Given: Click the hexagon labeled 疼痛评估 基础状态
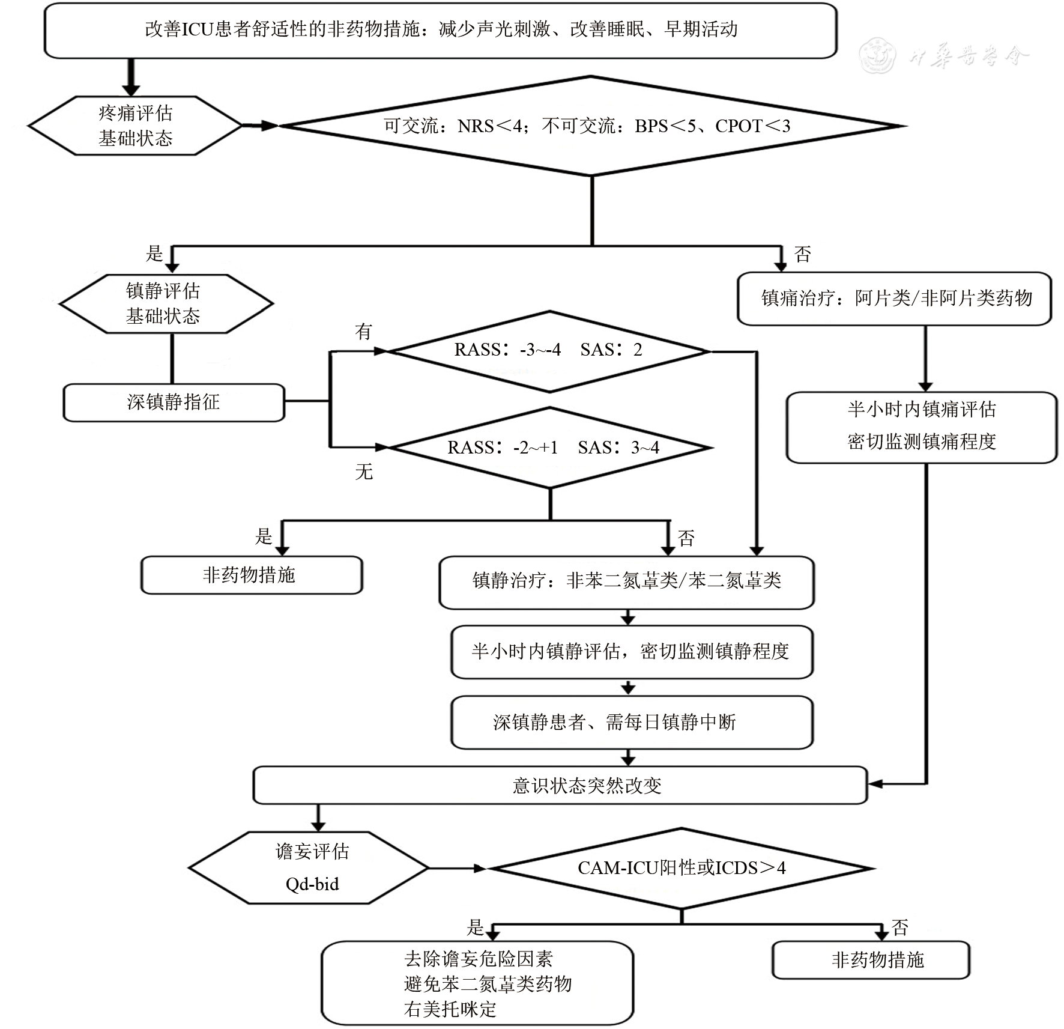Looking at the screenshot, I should (x=135, y=126).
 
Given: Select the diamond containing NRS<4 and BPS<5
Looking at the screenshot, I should (x=591, y=126).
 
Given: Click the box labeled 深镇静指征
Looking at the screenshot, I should (x=174, y=402).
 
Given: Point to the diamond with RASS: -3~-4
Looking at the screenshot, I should (x=549, y=351).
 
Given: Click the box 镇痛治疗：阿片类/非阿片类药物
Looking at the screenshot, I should (x=895, y=299).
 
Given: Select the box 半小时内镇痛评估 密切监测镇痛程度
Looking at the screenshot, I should (x=922, y=426).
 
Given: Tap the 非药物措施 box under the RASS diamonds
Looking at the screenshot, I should (x=251, y=575).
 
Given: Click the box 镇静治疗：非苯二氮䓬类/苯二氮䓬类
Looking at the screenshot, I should (x=626, y=581).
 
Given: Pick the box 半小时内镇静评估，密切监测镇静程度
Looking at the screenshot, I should (x=631, y=652).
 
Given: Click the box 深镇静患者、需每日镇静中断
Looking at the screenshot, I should (x=631, y=722).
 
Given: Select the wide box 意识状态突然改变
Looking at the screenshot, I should (x=560, y=785).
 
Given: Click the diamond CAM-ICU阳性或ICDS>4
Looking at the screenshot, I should (x=681, y=868).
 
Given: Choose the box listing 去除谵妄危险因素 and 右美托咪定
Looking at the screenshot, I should (x=477, y=983).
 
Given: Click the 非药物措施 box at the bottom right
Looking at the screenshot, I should (x=871, y=960).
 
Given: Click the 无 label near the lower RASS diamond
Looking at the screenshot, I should (x=364, y=472).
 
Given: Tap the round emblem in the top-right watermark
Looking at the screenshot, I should (x=877, y=56).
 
